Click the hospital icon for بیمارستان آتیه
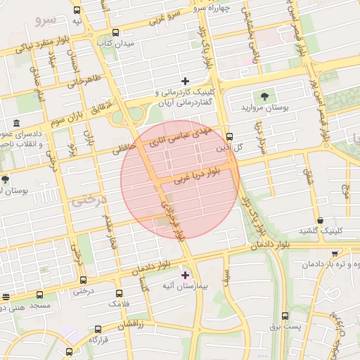coord(186,274)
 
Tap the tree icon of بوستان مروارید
coord(264,96)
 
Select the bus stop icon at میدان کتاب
coord(115,32)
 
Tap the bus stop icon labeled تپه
coord(77,11)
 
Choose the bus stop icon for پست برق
coord(285,316)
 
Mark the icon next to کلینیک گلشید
coord(321,221)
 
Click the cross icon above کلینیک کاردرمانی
coord(186,81)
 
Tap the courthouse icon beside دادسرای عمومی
coord(16,124)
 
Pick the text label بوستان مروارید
coord(262,108)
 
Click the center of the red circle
coord(180,179)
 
